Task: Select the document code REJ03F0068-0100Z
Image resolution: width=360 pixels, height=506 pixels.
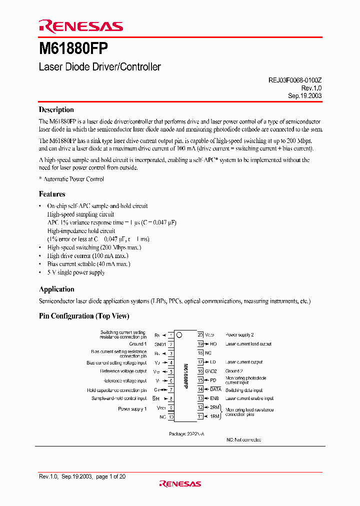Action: (x=291, y=79)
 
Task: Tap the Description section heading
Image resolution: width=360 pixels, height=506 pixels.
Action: (x=56, y=110)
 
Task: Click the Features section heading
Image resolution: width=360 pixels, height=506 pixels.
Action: (x=52, y=194)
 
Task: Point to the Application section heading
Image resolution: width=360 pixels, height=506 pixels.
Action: (x=56, y=289)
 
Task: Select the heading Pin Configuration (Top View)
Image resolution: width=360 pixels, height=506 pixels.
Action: (x=84, y=316)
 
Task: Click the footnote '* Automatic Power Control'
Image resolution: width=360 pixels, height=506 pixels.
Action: (x=71, y=179)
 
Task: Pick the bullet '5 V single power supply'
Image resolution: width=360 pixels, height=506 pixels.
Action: (x=76, y=272)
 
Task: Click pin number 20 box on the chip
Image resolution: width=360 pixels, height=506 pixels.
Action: (x=200, y=334)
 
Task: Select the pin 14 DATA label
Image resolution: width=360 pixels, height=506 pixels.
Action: (x=215, y=389)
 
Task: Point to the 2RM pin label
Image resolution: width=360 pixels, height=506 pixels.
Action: (x=214, y=407)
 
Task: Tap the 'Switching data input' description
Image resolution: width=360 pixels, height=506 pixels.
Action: (x=243, y=390)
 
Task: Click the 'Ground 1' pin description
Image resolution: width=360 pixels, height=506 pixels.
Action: (x=138, y=344)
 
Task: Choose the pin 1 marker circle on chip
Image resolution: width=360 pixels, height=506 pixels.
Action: (x=179, y=335)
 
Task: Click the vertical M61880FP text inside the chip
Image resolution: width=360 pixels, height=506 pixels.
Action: (x=185, y=375)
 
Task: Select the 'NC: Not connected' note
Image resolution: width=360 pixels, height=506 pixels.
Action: (x=243, y=439)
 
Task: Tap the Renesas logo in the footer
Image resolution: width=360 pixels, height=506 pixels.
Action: (x=179, y=483)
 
